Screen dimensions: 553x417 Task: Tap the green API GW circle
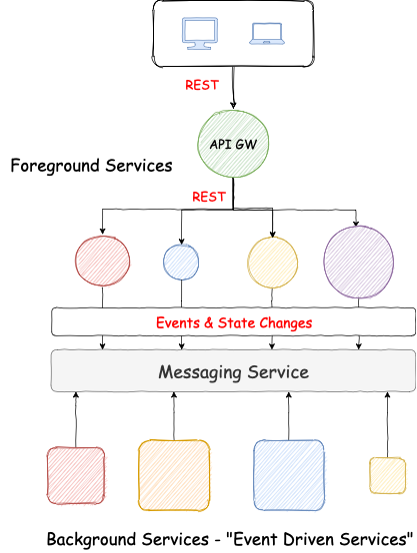[x=233, y=144]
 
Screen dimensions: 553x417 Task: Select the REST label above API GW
[x=201, y=86]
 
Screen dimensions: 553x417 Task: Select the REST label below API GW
[x=208, y=197]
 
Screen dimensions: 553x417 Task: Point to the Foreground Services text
[x=91, y=166]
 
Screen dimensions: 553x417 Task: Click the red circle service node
[x=102, y=262]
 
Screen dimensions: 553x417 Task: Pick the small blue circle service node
[x=181, y=262]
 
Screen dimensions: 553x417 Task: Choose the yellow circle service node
[x=273, y=262]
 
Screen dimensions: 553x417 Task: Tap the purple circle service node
[x=358, y=262]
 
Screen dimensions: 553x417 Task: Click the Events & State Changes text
[x=234, y=323]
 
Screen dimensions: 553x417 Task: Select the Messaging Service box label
[x=234, y=372]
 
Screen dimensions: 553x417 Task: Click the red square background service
[x=76, y=475]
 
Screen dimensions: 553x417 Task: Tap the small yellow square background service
[x=387, y=475]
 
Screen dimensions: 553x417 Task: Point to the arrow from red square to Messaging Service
[x=76, y=419]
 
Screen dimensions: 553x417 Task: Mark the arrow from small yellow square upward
[x=387, y=424]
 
